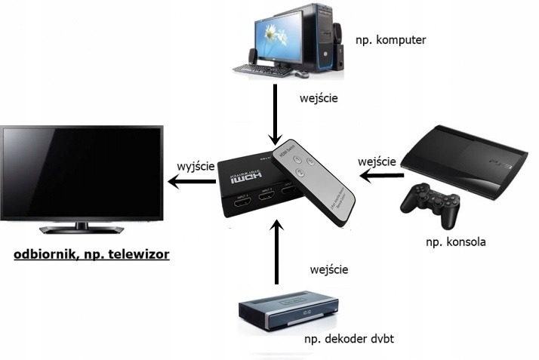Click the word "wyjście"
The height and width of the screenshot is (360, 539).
tap(196, 165)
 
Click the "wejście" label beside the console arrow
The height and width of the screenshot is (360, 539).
tap(379, 162)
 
